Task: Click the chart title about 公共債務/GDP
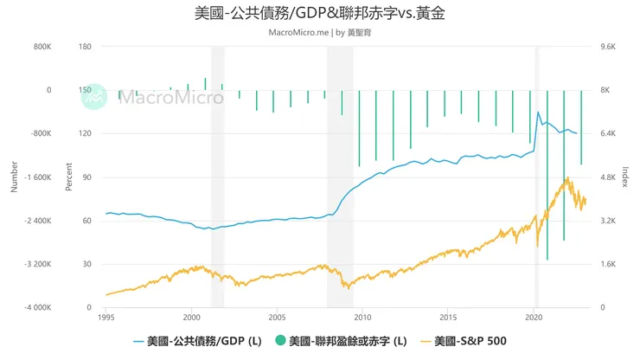point(320,14)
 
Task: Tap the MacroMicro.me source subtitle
point(319,32)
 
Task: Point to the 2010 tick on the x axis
point(362,318)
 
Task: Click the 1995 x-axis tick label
point(106,318)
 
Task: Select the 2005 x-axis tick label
point(277,318)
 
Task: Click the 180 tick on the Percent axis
point(85,47)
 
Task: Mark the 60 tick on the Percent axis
point(87,221)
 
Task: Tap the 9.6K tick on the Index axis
point(608,47)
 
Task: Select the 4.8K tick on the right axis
point(608,177)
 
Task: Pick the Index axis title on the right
point(626,177)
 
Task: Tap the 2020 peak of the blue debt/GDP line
point(538,112)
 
